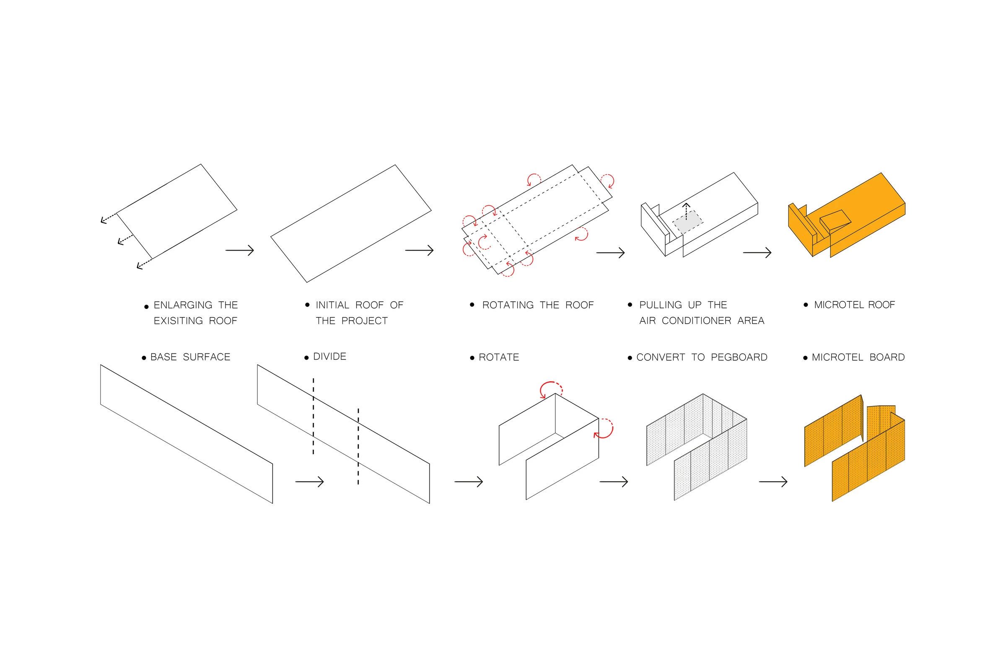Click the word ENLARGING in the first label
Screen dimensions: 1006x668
pyautogui.click(x=183, y=305)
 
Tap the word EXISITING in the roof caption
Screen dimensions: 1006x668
pyautogui.click(x=178, y=321)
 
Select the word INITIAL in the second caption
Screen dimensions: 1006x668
pyautogui.click(x=332, y=305)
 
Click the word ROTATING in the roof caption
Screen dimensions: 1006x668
pyautogui.click(x=508, y=305)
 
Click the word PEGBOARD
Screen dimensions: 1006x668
pyautogui.click(x=739, y=357)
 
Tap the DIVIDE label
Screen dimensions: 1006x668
pyautogui.click(x=330, y=357)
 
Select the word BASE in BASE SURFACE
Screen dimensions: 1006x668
pyautogui.click(x=163, y=357)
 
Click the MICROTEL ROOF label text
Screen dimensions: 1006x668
pyautogui.click(x=854, y=305)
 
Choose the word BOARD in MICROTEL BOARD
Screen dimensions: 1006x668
pyautogui.click(x=887, y=357)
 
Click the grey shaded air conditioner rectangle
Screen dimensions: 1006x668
pyautogui.click(x=688, y=222)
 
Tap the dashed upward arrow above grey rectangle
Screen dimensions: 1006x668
pyautogui.click(x=686, y=211)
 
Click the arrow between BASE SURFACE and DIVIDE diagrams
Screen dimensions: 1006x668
pyautogui.click(x=309, y=482)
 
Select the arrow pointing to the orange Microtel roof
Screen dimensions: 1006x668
pyautogui.click(x=757, y=253)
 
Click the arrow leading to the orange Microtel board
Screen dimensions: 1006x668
pyautogui.click(x=773, y=482)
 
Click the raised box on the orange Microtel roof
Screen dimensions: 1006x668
pyautogui.click(x=835, y=222)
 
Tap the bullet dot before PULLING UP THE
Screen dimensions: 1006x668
pyautogui.click(x=630, y=305)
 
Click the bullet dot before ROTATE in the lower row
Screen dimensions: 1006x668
pyautogui.click(x=472, y=358)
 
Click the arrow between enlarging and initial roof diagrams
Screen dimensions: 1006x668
pyautogui.click(x=239, y=251)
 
